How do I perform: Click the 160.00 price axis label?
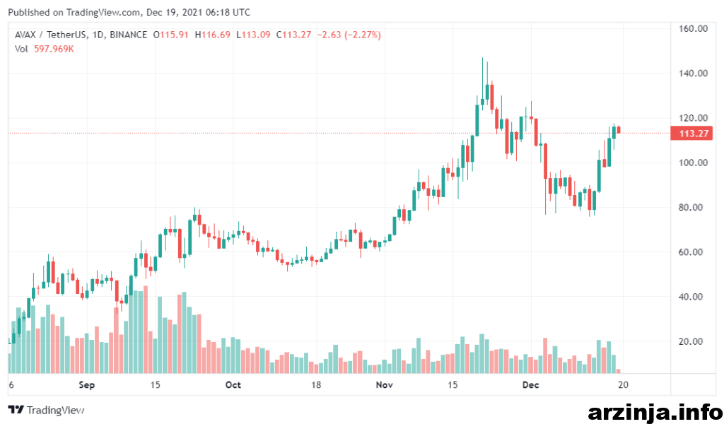pos(693,28)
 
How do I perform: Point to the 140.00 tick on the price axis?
pos(693,73)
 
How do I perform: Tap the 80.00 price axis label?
pos(690,208)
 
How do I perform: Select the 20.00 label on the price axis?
pos(690,342)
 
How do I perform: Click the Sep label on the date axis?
pos(87,385)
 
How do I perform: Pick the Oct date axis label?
pos(233,385)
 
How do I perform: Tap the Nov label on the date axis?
pos(384,385)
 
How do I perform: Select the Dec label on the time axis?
pos(530,385)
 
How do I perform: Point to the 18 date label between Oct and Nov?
pos(316,385)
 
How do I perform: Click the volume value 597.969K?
pos(54,49)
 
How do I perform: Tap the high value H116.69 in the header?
pos(212,35)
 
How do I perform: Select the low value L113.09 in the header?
pos(253,35)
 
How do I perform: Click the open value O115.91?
pos(171,35)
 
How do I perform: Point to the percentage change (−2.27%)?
pos(363,35)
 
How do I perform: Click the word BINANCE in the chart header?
pos(129,35)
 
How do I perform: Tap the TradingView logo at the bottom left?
pos(46,410)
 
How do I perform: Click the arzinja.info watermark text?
pos(655,411)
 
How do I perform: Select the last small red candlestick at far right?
pos(619,129)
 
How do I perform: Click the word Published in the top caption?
pos(29,13)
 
